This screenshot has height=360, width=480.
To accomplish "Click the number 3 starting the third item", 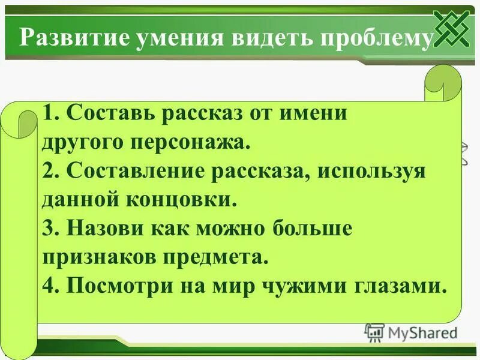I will (49, 229).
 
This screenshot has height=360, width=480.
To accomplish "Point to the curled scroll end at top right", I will (443, 84).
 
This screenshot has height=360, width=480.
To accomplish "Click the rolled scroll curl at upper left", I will (23, 126).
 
